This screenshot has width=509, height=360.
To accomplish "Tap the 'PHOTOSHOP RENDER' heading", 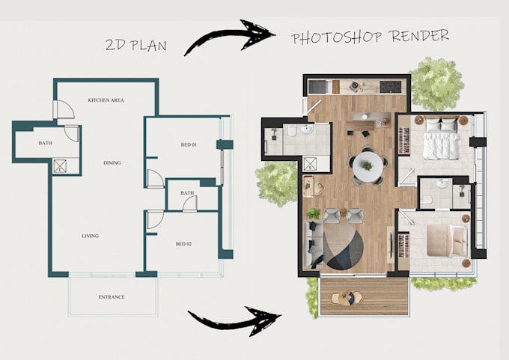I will [x=370, y=37].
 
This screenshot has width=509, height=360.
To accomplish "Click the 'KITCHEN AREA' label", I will [x=106, y=100].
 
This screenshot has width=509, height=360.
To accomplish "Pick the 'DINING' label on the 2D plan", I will [x=112, y=162].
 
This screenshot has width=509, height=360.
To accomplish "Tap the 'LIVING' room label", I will [x=91, y=236].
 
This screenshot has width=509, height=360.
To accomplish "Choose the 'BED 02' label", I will [x=184, y=244].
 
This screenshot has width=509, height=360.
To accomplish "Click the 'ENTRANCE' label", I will [x=112, y=297].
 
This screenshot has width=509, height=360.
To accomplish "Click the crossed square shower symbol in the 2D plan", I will [x=61, y=167].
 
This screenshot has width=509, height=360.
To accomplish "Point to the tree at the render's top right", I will [x=436, y=82].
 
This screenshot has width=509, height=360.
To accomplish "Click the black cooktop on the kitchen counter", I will [x=390, y=87].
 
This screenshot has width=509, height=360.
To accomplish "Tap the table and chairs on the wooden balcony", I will [x=345, y=297].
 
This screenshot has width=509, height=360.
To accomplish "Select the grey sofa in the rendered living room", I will [x=312, y=243].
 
